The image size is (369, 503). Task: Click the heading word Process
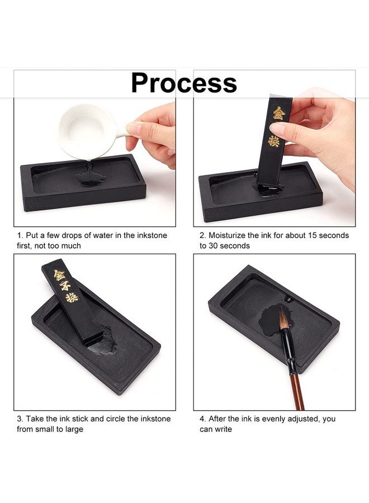184,83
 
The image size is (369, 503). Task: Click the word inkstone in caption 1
147,235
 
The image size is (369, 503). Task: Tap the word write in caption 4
223,429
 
